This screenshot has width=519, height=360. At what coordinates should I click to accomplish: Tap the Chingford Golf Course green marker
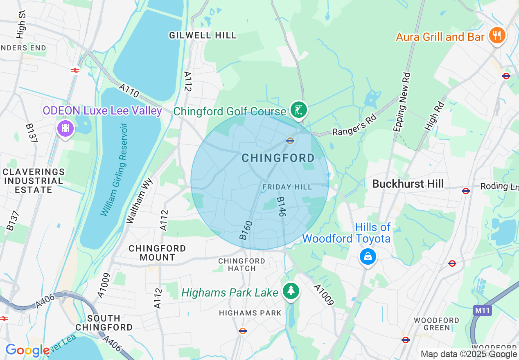tap(299, 110)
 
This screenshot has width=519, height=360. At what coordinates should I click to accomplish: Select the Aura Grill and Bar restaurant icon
tap(497, 36)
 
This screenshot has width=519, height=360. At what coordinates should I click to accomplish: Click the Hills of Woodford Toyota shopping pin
tap(368, 256)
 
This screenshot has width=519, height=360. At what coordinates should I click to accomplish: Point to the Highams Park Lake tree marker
tap(291, 291)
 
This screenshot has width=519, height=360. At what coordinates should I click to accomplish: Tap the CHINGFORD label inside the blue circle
tap(278, 158)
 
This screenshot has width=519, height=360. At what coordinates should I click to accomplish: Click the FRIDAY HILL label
tap(287, 187)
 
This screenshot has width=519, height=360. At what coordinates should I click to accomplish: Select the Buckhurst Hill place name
tap(408, 184)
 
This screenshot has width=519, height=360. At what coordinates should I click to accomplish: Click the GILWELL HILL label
tap(203, 35)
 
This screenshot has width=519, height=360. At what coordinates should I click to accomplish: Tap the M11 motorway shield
tap(483, 311)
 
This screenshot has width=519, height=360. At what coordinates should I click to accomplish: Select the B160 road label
tap(244, 230)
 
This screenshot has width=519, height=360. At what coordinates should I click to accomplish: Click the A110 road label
tap(129, 91)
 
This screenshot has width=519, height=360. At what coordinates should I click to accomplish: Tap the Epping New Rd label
tap(402, 102)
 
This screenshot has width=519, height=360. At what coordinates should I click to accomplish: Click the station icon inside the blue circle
tap(290, 141)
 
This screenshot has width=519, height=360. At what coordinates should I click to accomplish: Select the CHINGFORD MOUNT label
tap(157, 253)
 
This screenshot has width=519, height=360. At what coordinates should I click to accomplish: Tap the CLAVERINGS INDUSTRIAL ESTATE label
tap(34, 181)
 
